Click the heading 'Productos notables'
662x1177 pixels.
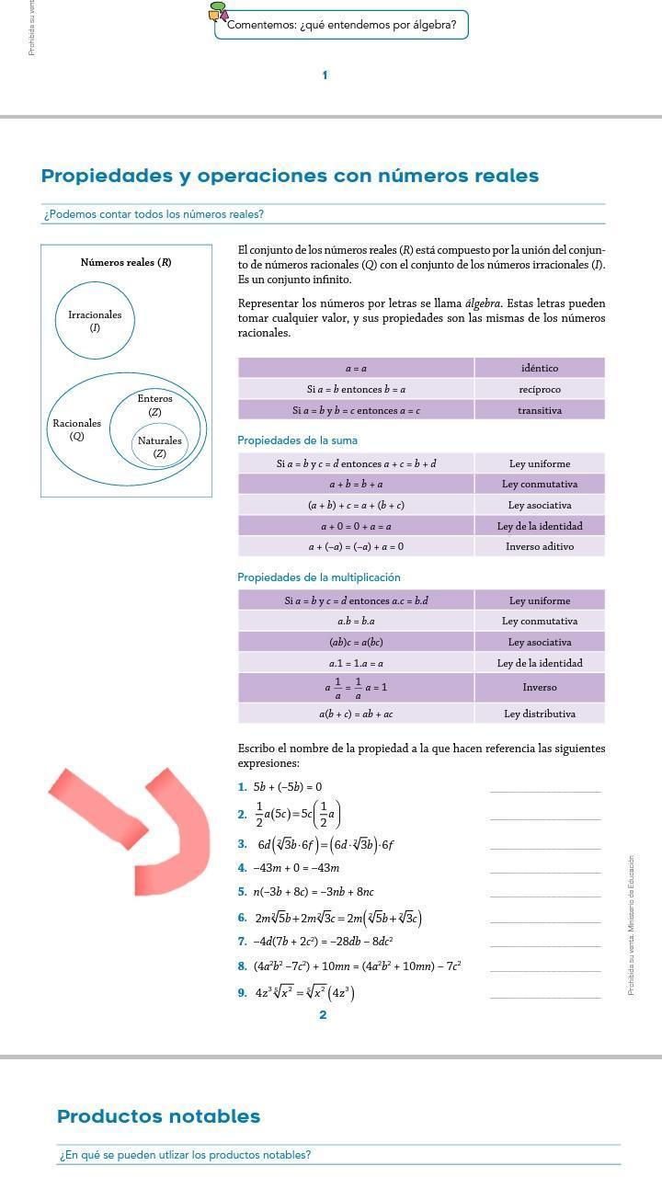tap(158, 1116)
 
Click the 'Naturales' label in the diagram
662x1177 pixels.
tap(160, 440)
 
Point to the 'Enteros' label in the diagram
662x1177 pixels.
tap(154, 399)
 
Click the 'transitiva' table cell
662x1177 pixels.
tap(540, 410)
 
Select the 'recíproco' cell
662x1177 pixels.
tap(540, 389)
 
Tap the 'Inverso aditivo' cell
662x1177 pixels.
tap(540, 546)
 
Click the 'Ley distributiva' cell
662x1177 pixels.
tap(540, 714)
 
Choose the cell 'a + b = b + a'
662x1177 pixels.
tap(356, 484)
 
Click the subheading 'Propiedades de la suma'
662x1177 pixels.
tap(297, 440)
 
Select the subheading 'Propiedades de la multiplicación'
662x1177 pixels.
tap(319, 577)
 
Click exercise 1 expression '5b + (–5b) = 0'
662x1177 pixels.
tap(288, 787)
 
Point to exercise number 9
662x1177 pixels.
tap(242, 992)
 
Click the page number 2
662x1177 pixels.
tap(323, 1015)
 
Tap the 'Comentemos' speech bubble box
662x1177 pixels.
tap(341, 25)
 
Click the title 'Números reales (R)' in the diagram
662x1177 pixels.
tap(126, 262)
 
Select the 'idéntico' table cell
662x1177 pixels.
tap(540, 368)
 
